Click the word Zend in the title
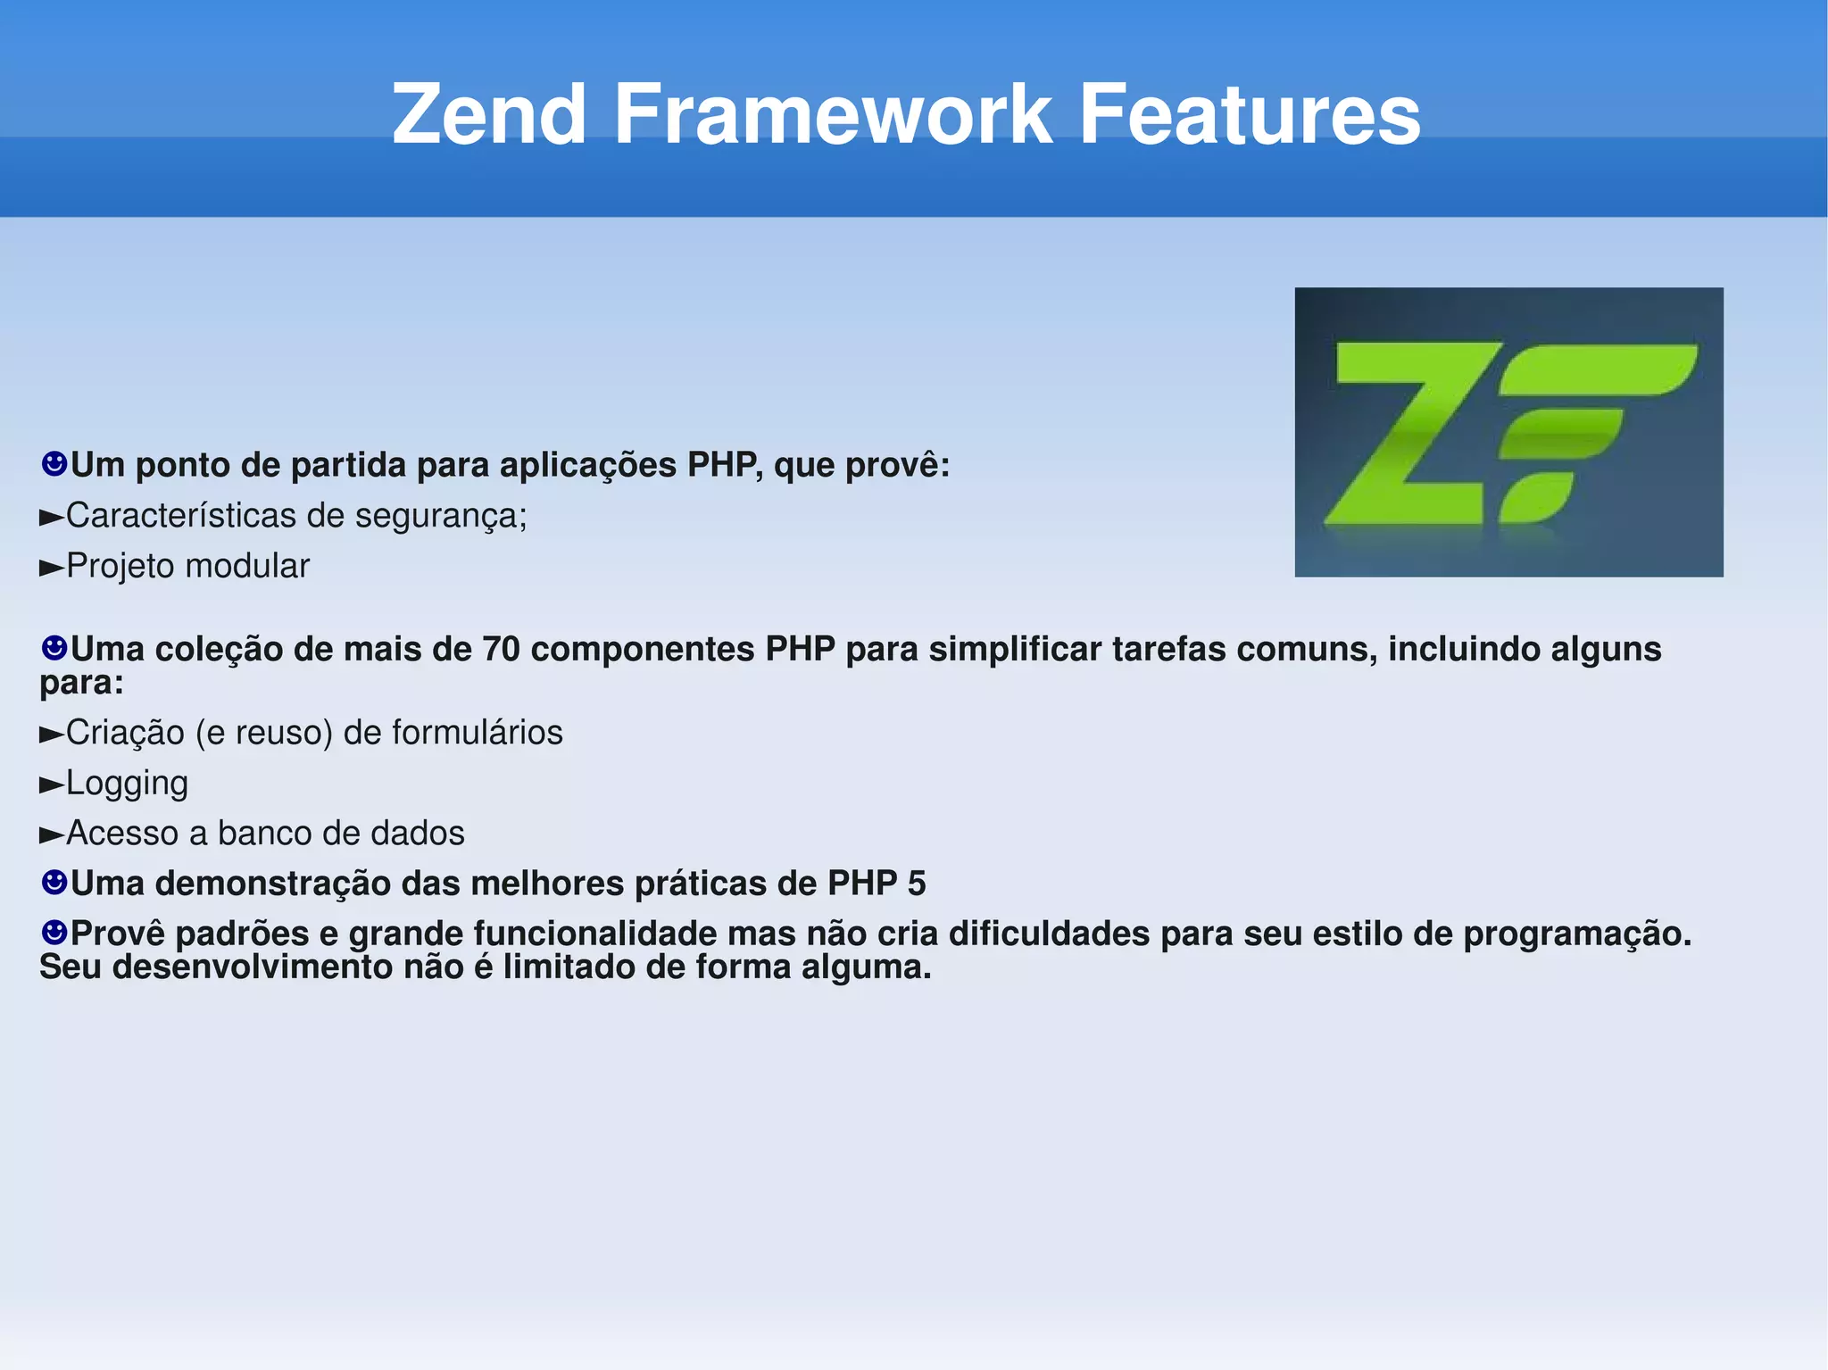(488, 114)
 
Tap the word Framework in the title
(833, 114)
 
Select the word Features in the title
(1250, 114)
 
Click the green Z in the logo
(1410, 435)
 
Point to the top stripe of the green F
(1598, 369)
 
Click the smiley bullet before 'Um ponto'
(54, 463)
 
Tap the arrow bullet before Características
(52, 517)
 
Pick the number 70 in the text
(501, 649)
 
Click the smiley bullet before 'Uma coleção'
(54, 647)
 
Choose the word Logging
(127, 784)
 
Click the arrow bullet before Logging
(52, 785)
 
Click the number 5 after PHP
(917, 884)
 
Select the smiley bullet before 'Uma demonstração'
(54, 883)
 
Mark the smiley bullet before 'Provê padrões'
(54, 933)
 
